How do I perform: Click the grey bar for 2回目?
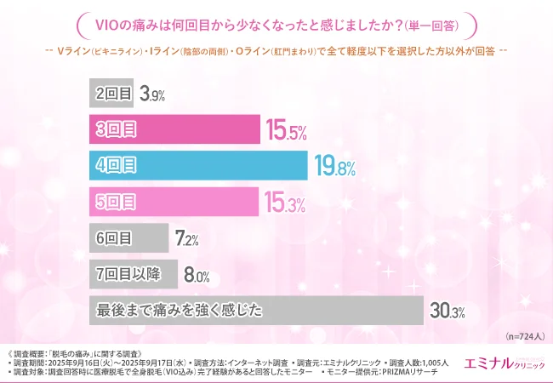point(111,93)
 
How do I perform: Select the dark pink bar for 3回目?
point(174,129)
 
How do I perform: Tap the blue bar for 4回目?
point(197,165)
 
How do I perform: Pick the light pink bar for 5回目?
point(173,202)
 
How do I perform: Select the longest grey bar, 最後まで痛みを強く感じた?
point(255,310)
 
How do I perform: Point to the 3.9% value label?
point(153,94)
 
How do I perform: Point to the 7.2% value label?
point(187,239)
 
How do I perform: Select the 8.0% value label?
point(197,275)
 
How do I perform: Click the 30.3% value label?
point(447,312)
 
